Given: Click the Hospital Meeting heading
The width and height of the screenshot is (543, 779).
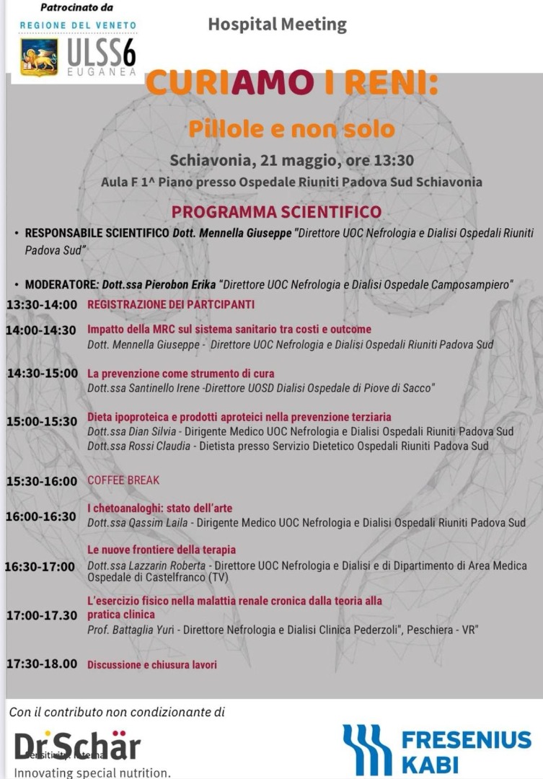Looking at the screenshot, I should (x=277, y=25).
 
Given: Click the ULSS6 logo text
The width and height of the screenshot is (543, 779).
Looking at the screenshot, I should (x=100, y=52).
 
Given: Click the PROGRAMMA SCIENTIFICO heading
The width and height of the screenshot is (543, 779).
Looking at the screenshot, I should (x=276, y=212).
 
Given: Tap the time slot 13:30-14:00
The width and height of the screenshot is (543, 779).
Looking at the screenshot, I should (x=42, y=305).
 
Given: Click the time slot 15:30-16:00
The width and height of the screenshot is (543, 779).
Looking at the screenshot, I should (x=42, y=481).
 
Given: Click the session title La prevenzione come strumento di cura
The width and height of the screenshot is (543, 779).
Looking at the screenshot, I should (x=181, y=374).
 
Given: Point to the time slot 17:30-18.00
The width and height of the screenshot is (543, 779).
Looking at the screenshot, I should (x=42, y=664).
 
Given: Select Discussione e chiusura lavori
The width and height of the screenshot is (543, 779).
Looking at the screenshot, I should (x=152, y=665).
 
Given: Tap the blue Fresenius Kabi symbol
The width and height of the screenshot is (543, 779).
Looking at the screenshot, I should (x=368, y=749).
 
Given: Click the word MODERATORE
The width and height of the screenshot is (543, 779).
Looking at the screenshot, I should (x=61, y=284).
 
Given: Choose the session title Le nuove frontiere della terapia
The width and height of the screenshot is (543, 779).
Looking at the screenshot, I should (x=162, y=550).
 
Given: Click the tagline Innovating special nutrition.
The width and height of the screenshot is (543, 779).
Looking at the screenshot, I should (x=93, y=773).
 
